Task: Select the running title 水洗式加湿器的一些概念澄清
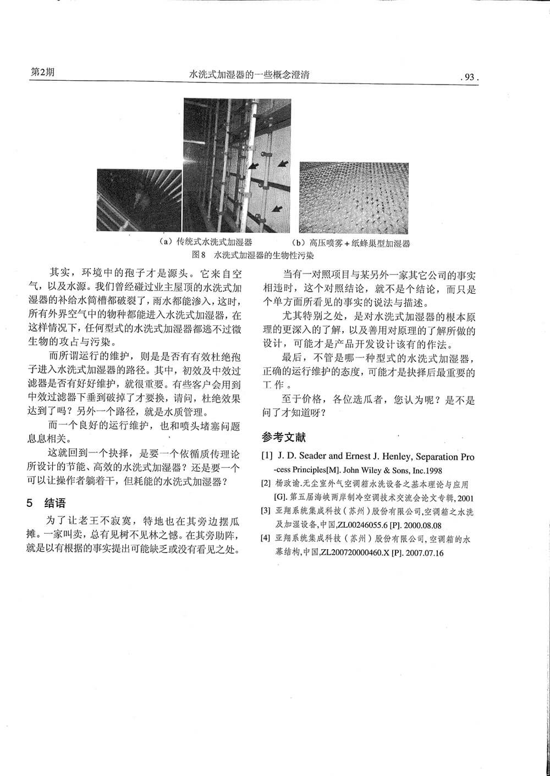(x=249, y=75)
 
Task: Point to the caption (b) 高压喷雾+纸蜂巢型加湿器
(x=352, y=243)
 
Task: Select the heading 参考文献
(x=284, y=438)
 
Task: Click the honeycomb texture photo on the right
(x=354, y=198)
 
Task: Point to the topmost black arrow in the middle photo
(x=252, y=164)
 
